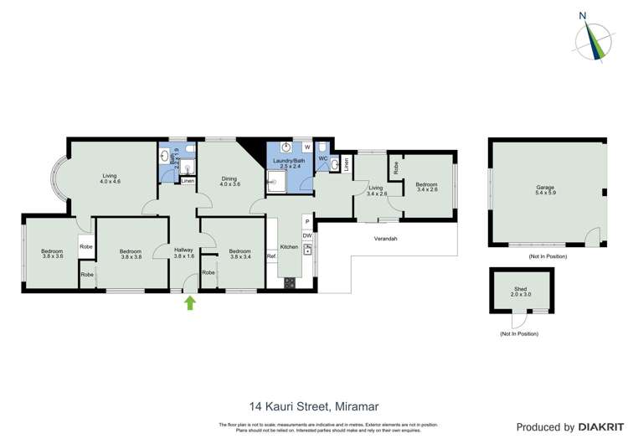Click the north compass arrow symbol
tap(595, 38)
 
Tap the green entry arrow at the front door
tap(190, 302)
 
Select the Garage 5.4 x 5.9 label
tap(546, 190)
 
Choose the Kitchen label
tap(289, 247)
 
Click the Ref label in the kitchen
tap(271, 256)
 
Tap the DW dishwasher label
tap(307, 236)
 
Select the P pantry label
tap(307, 222)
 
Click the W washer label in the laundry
tap(307, 148)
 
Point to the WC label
tap(322, 158)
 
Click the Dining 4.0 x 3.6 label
tap(229, 181)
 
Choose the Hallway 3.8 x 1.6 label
tap(184, 253)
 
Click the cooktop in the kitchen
tap(290, 282)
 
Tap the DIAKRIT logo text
tap(598, 427)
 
